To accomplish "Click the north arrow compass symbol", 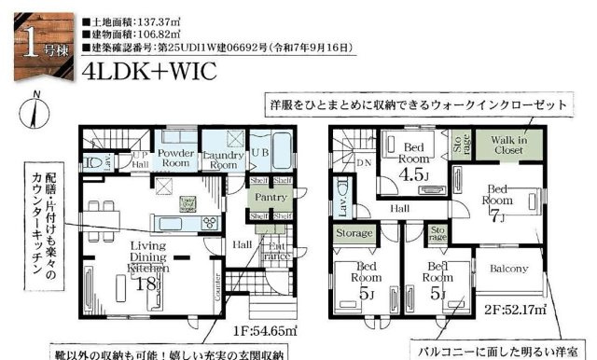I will point(35,109).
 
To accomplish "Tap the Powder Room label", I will point(175,157).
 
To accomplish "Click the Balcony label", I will point(509,269).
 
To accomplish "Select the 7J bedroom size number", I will point(498,217).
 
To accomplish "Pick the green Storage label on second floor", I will point(355,233).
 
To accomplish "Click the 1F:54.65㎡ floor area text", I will point(266,331).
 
